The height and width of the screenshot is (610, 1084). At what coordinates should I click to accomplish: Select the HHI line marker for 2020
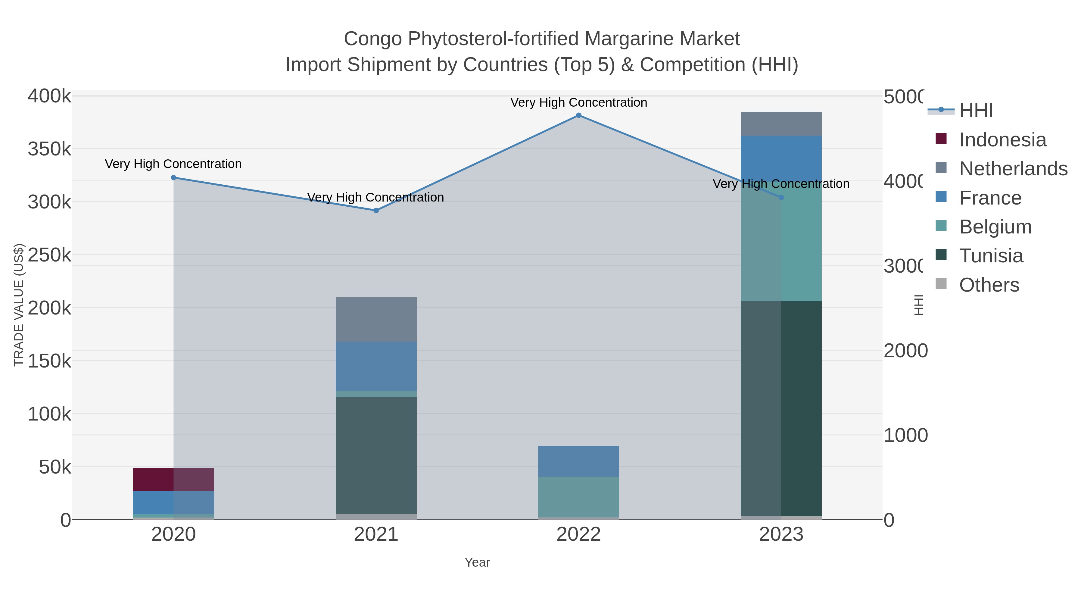(x=173, y=178)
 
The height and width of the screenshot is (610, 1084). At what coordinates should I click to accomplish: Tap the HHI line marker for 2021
(x=376, y=211)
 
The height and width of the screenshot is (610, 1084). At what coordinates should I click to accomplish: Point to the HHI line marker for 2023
(x=781, y=197)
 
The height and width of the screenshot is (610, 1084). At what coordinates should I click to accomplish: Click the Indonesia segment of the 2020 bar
(x=173, y=480)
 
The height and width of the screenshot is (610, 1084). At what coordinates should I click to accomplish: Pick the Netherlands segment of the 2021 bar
(x=376, y=320)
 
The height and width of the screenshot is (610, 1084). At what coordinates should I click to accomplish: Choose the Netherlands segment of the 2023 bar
(x=781, y=124)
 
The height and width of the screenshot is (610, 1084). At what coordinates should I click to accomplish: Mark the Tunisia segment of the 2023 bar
(x=781, y=408)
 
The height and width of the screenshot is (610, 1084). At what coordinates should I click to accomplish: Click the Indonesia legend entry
(x=1002, y=140)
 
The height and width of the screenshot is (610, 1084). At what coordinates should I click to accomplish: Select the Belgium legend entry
(x=995, y=227)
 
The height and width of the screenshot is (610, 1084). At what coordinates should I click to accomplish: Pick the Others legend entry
(x=989, y=285)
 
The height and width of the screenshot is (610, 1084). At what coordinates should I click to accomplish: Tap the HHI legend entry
(x=976, y=111)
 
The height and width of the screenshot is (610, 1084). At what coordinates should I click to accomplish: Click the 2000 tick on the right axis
(x=905, y=351)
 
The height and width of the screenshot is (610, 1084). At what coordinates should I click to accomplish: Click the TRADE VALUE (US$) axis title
(x=19, y=305)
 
